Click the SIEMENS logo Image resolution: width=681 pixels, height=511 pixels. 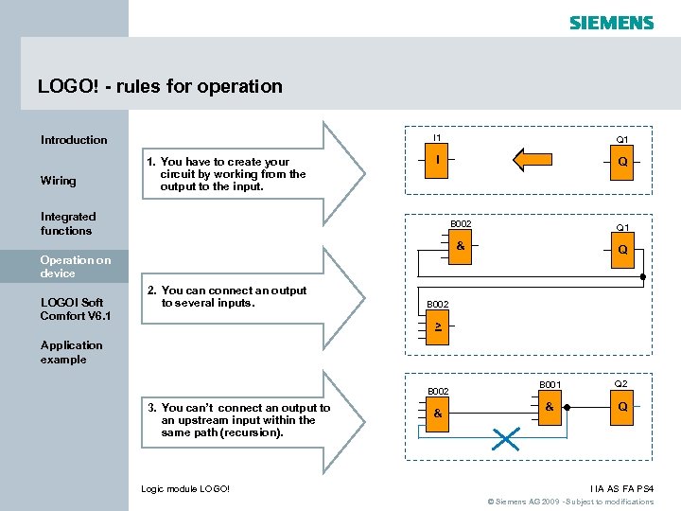[x=611, y=22]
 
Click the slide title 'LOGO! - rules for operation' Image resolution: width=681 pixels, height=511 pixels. [x=160, y=86]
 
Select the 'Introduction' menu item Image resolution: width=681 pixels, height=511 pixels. [x=74, y=140]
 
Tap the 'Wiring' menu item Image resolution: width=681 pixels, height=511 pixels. [x=59, y=181]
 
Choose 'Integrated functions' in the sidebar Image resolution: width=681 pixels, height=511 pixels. [x=67, y=223]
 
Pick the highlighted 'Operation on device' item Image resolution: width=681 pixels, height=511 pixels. [x=76, y=266]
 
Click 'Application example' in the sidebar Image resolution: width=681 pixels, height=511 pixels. [x=71, y=352]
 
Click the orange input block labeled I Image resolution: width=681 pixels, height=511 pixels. [x=437, y=160]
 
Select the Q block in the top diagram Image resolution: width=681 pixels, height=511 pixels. [x=621, y=162]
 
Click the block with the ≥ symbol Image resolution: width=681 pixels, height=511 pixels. [x=437, y=326]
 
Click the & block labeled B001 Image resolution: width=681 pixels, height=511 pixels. [x=550, y=408]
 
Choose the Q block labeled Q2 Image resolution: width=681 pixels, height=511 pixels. [x=621, y=408]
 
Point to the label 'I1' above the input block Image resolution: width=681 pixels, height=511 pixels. [x=437, y=138]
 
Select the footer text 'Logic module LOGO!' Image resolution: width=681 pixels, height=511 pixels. [x=185, y=488]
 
